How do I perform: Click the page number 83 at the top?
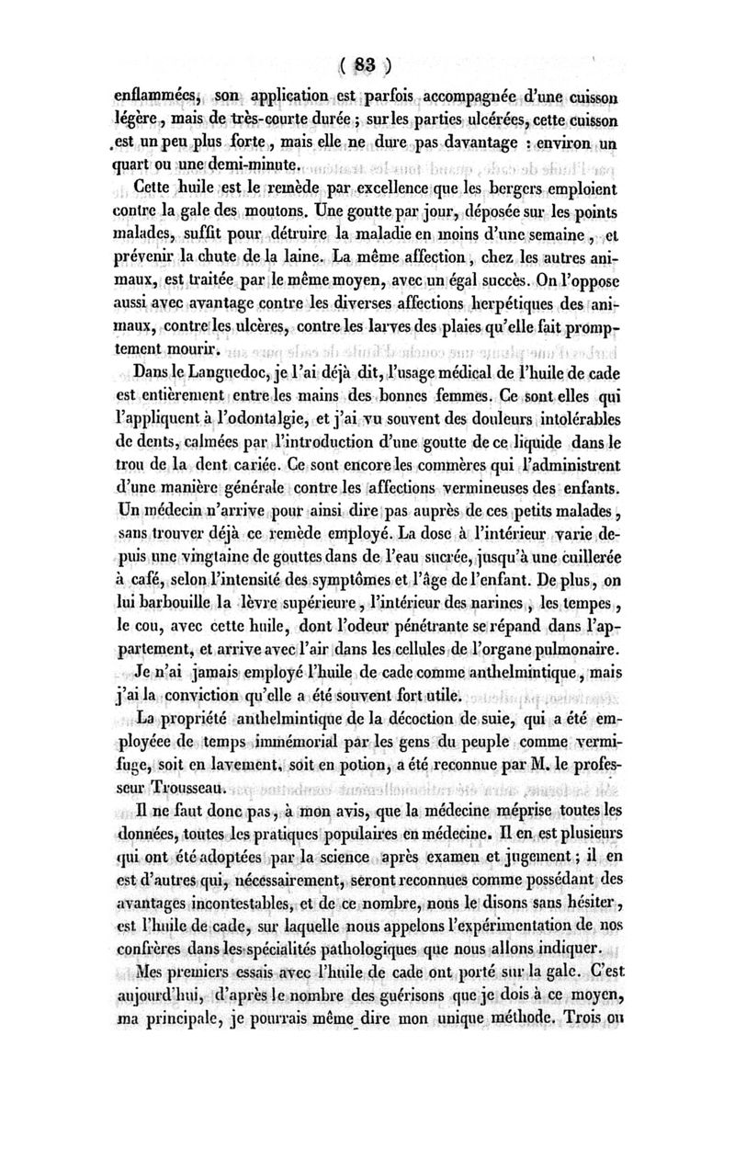pos(367,65)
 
